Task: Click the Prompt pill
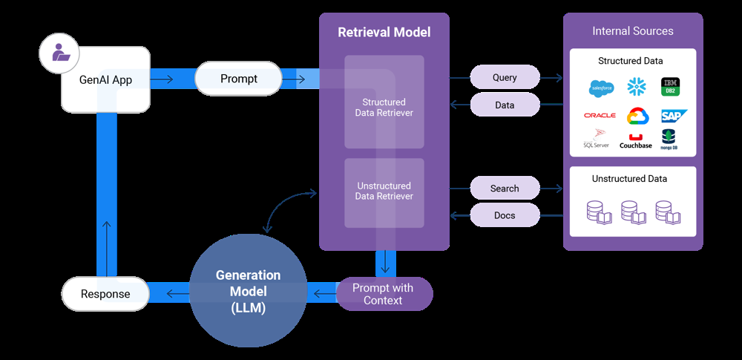coord(238,79)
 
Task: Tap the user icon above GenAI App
coord(59,53)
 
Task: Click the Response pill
coord(105,294)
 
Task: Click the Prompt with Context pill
coord(384,294)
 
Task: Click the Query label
coord(505,77)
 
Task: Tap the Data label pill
coord(505,105)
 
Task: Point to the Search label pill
coord(505,189)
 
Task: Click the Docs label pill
coord(505,215)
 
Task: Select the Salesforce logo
coord(601,88)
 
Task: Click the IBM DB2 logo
coord(671,87)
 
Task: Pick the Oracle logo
coord(600,116)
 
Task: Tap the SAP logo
coord(674,116)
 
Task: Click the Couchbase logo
coord(636,141)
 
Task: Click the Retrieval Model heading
coord(384,33)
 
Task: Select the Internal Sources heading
coord(633,31)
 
